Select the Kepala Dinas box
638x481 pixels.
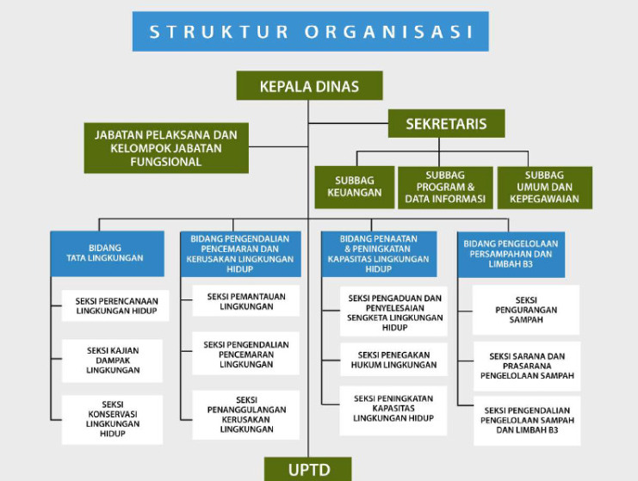pos(309,86)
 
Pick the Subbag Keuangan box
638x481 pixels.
pos(354,187)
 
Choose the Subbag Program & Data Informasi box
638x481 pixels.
pos(444,187)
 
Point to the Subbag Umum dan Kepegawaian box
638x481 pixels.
pos(545,187)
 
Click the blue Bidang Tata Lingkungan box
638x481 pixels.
pos(104,252)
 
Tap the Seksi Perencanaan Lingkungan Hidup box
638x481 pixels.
pos(115,305)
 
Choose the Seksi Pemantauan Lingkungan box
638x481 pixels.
pos(245,301)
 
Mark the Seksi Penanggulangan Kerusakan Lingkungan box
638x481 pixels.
pos(245,415)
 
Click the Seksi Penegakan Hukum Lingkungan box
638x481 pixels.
pos(394,360)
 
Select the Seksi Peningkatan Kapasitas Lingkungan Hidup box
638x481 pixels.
pos(394,410)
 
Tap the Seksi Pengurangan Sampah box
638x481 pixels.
pos(526,310)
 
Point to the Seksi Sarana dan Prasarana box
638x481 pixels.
pos(526,366)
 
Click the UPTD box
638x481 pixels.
pos(308,470)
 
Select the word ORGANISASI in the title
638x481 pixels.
pos(388,32)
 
